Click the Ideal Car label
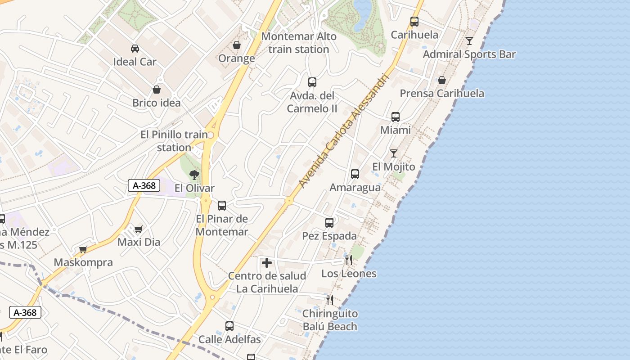coord(135,62)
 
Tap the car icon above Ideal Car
coord(135,48)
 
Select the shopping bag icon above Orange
coord(236,45)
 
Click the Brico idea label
coord(156,103)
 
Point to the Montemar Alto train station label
coord(299,43)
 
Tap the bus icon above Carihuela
coord(414,21)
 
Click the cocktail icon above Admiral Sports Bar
coord(469,41)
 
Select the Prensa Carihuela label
coord(442,94)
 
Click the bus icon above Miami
coord(396,117)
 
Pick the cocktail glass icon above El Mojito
coord(394,153)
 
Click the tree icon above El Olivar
coord(194,175)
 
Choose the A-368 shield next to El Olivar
coord(144,185)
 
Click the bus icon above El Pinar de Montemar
coord(222,206)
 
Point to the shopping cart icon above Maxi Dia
coord(139,229)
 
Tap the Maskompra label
coord(83,262)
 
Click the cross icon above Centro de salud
coord(267,263)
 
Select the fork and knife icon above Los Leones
coord(349,260)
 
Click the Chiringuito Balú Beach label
coord(330,320)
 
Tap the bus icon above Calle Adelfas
coord(229,326)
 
